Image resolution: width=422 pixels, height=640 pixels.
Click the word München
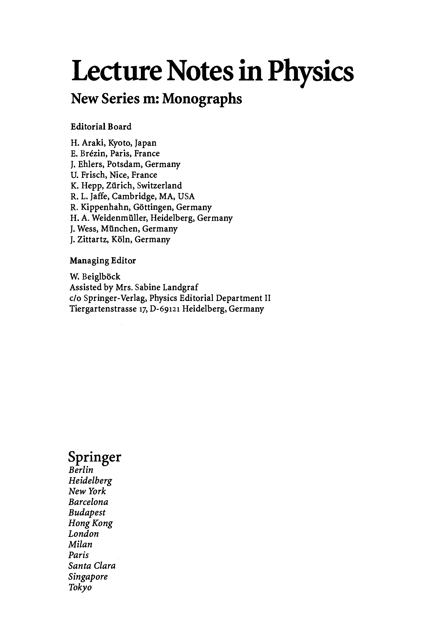(x=120, y=229)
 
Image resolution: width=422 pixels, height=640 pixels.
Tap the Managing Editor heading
(x=103, y=261)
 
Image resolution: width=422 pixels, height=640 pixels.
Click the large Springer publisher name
(x=95, y=456)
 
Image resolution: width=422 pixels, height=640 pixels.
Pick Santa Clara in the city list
(x=92, y=566)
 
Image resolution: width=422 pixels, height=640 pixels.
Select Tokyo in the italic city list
(x=80, y=587)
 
